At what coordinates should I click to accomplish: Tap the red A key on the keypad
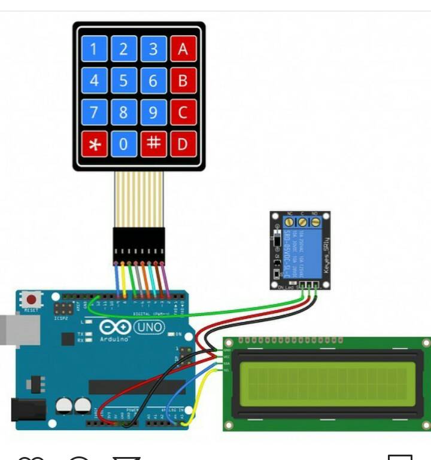183,48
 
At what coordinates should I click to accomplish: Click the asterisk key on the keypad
93,144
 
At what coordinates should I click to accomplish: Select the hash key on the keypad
153,144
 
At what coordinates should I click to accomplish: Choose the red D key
183,144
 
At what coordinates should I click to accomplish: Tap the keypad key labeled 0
123,144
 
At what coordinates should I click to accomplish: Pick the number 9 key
153,112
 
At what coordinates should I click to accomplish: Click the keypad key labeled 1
93,48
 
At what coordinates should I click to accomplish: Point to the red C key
183,112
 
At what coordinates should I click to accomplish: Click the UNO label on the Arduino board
150,327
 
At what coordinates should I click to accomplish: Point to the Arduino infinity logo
115,328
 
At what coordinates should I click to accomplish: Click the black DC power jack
28,409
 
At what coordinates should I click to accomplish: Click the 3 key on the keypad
153,48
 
